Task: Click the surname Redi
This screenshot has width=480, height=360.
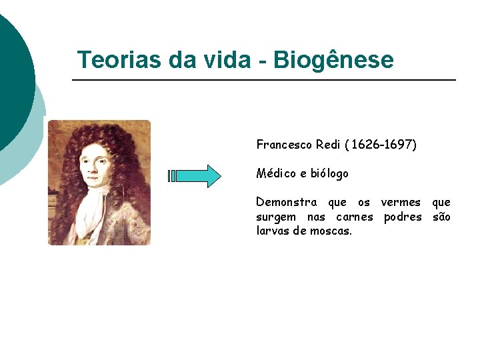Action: click(329, 145)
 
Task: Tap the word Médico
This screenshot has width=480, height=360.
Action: click(276, 173)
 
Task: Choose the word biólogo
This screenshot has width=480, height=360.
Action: click(329, 174)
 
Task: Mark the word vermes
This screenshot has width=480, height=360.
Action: click(401, 202)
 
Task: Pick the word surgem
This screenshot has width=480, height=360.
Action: click(276, 217)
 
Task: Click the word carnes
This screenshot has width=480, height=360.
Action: click(355, 217)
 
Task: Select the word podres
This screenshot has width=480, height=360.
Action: click(403, 217)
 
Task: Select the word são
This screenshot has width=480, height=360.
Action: click(441, 217)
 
